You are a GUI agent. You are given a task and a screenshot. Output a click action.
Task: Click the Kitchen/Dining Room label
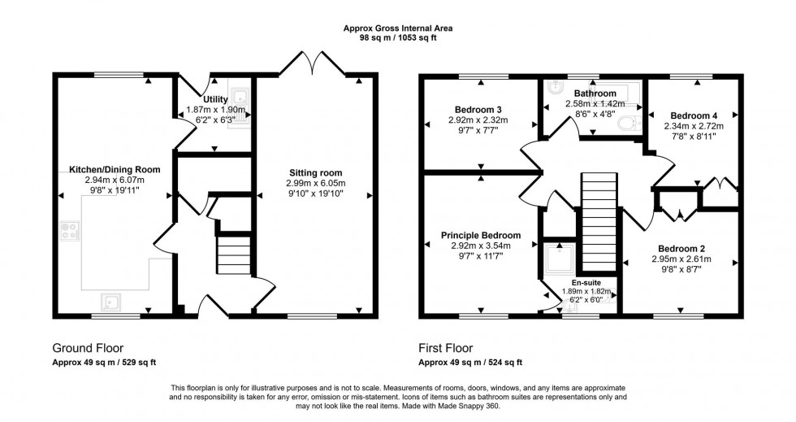tap(114, 169)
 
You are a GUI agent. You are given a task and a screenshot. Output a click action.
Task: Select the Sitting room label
tap(315, 172)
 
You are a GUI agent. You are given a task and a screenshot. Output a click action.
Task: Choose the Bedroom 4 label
tap(692, 115)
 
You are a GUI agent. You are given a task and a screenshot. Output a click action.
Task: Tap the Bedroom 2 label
tap(682, 248)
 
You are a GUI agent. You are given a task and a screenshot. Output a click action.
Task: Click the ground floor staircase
tap(230, 254)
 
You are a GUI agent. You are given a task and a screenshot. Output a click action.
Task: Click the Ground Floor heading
tap(88, 347)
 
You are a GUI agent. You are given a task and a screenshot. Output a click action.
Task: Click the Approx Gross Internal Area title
tap(398, 28)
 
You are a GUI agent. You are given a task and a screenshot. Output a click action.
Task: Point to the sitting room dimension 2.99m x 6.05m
tap(315, 183)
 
